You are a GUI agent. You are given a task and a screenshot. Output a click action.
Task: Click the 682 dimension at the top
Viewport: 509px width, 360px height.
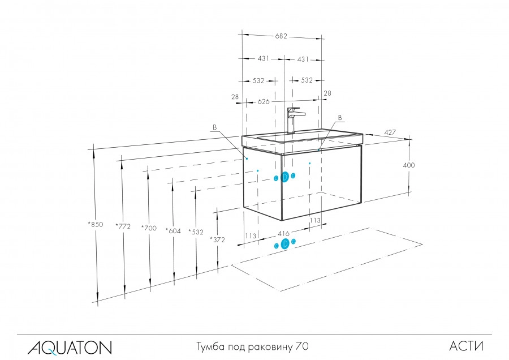[281, 36]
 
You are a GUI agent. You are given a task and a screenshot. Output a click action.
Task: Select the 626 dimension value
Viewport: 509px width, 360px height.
[264, 101]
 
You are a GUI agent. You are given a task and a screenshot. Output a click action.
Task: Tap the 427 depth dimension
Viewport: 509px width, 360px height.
[389, 132]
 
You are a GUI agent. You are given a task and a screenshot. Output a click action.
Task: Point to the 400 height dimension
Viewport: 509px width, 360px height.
[409, 165]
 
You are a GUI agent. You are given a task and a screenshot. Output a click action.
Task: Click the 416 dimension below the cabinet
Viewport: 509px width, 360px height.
[284, 233]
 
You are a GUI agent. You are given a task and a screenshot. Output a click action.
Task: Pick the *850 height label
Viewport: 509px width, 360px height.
[96, 225]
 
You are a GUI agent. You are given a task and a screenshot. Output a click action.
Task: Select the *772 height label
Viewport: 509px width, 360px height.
[123, 226]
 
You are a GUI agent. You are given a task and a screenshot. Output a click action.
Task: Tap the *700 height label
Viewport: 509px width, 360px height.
[149, 228]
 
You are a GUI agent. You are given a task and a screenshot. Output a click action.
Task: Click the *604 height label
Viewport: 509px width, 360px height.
[173, 230]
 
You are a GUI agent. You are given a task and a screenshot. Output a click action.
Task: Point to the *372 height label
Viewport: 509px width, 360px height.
[217, 239]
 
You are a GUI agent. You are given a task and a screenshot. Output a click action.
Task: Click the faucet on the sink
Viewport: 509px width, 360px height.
[294, 119]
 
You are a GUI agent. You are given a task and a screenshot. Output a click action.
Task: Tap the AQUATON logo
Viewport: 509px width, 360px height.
[70, 346]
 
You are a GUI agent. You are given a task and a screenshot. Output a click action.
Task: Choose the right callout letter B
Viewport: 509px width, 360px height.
[339, 118]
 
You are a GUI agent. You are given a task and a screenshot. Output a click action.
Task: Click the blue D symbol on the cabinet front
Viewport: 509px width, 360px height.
[285, 177]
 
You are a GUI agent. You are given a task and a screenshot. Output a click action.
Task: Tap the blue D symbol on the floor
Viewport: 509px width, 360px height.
[285, 244]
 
